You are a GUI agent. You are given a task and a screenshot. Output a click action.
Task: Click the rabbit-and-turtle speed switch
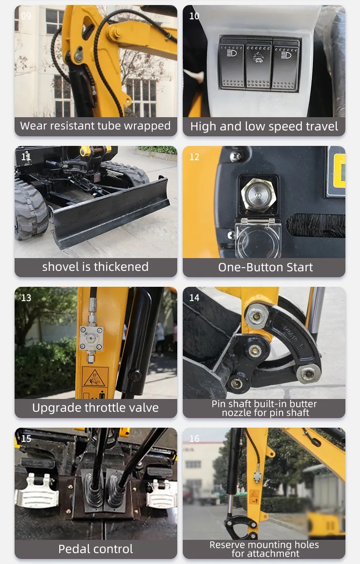point(258,64)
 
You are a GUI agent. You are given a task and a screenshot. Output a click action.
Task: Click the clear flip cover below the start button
point(258,238)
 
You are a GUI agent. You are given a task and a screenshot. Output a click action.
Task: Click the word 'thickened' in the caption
point(121,267)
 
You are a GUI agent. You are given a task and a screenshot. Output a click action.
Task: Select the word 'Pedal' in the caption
point(73,548)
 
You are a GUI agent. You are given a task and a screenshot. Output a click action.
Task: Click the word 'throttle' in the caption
point(108,408)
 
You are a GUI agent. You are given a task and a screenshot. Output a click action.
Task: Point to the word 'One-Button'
point(248,267)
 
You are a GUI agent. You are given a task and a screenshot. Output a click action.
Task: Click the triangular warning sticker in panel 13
point(94,377)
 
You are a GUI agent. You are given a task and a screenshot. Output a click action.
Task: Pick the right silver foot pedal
point(161,492)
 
